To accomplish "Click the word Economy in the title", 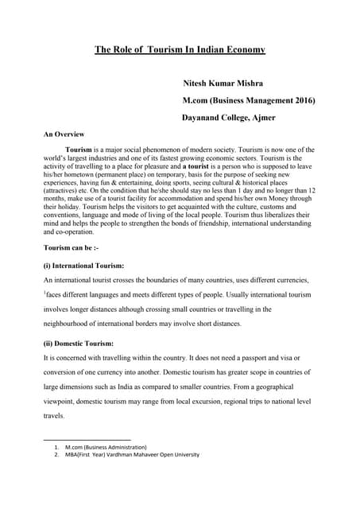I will click(242, 50).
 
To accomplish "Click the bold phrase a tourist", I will click(209, 166).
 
